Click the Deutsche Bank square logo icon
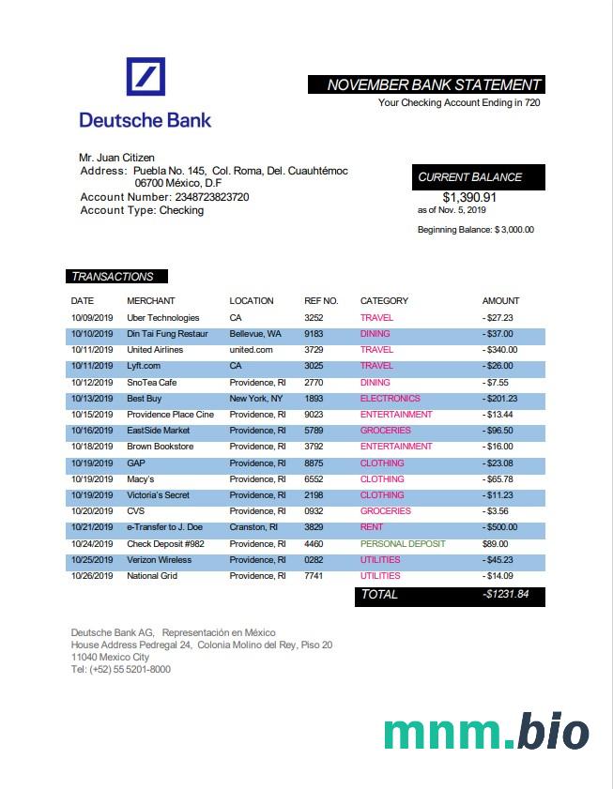146,77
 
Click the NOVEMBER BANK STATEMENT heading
433,85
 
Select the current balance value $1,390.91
469,197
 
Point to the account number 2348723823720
211,197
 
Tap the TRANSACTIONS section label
112,277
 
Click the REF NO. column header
321,301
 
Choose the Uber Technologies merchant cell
163,318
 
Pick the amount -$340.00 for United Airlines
499,350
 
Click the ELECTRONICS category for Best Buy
390,399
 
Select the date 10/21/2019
92,527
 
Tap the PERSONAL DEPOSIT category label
403,544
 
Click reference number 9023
314,415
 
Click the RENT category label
373,527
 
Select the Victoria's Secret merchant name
159,495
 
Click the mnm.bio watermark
486,732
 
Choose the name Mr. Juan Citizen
116,158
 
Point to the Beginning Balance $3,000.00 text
475,230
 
